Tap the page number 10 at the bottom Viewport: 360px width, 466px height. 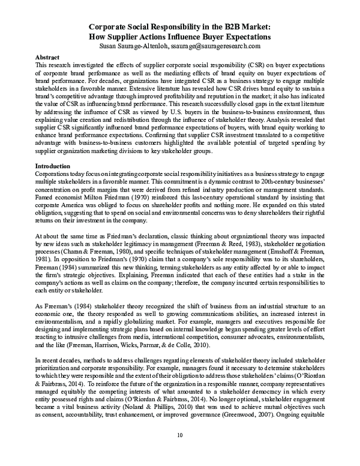180,452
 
